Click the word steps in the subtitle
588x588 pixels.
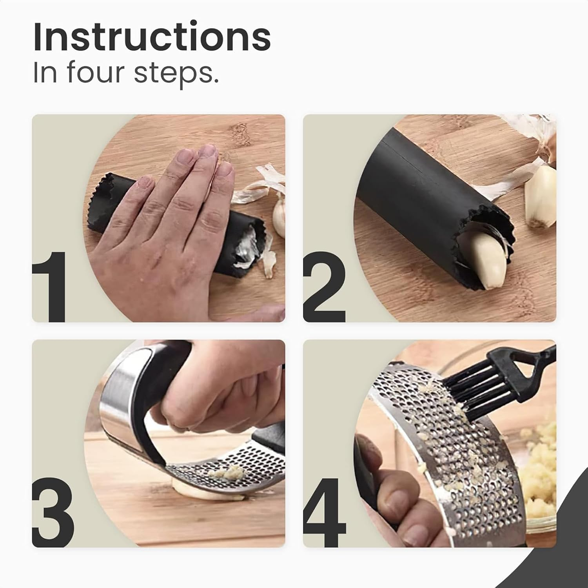(176, 73)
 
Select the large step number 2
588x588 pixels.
(324, 286)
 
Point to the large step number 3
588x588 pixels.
(53, 512)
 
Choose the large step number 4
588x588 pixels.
(325, 512)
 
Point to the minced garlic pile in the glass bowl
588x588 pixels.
(541, 451)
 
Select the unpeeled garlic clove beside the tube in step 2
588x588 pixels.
(541, 200)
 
